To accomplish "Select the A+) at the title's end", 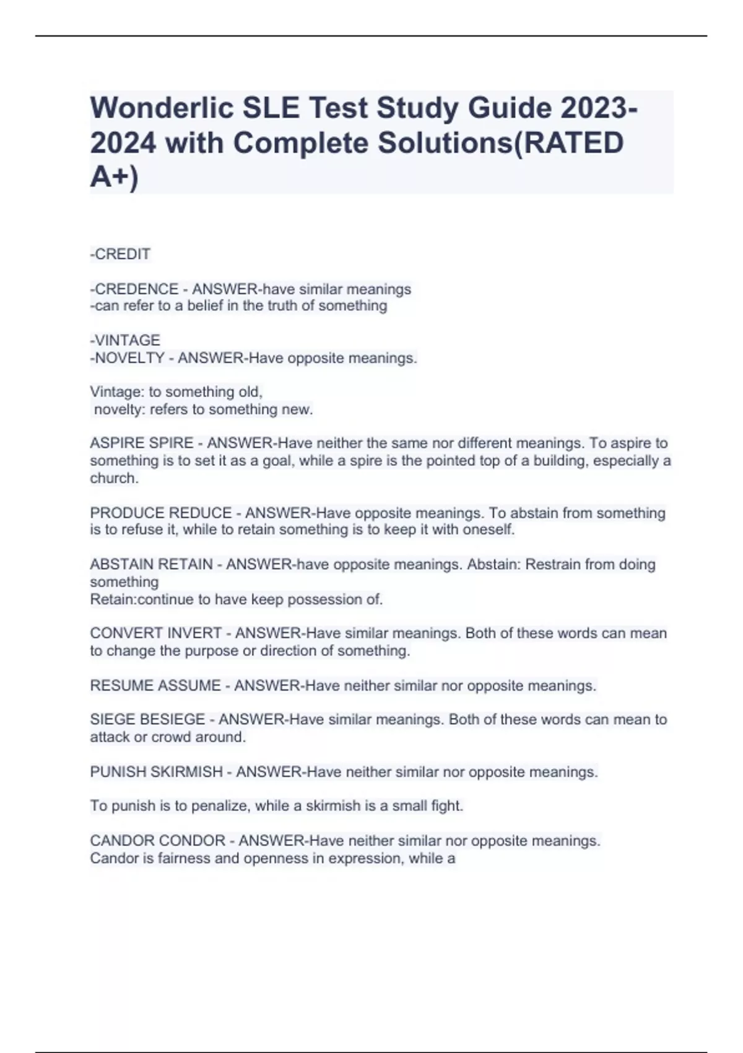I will tap(115, 178).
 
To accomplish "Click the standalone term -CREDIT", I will tap(120, 254).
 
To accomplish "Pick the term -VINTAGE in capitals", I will tap(125, 340).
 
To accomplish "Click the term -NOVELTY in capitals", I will tap(127, 358).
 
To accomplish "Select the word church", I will tap(114, 478).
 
